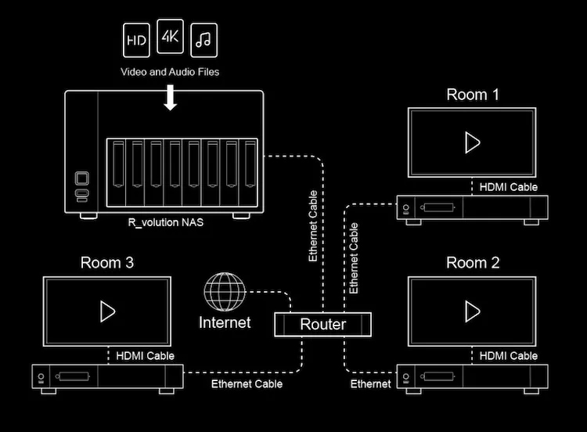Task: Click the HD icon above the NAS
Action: [136, 40]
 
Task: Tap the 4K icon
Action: [170, 36]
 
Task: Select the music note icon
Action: [203, 40]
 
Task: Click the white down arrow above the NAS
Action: [171, 97]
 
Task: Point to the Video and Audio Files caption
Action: [170, 72]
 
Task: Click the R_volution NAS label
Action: [166, 222]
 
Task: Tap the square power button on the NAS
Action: [82, 178]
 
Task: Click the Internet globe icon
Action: [225, 292]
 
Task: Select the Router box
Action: [322, 324]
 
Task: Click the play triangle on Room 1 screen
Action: [472, 142]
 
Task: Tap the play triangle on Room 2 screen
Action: [472, 311]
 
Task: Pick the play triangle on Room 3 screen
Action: [107, 311]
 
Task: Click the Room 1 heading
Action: [473, 95]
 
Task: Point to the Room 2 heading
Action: [473, 263]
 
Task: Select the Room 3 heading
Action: [107, 263]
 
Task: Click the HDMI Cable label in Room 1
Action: [509, 187]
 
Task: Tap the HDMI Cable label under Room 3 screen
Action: [146, 355]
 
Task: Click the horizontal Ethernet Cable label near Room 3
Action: [247, 383]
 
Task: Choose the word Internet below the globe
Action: [225, 322]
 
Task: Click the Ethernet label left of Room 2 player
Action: [371, 383]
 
